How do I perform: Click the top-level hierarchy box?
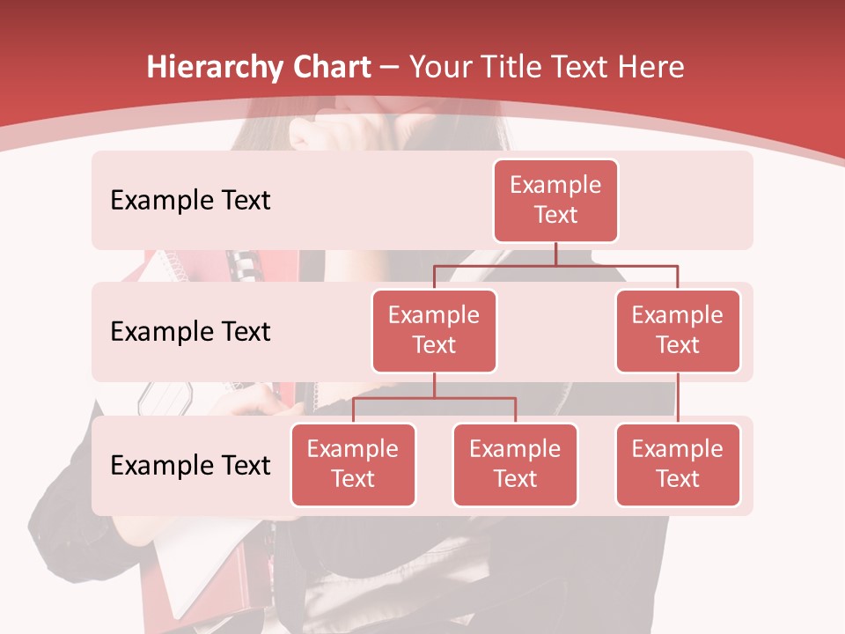coord(555,201)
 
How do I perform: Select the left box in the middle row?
coord(434,331)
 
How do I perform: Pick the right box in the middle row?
coord(678,331)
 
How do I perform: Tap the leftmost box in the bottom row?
coord(353,465)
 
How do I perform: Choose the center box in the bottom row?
coord(515,465)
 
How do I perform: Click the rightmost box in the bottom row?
coord(678,465)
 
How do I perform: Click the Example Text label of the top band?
coord(190,201)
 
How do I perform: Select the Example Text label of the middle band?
coord(190,332)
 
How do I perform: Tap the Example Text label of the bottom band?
coord(190,465)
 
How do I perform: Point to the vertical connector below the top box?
coord(555,254)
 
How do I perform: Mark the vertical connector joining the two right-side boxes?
coord(678,398)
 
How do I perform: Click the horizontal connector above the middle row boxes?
coord(555,265)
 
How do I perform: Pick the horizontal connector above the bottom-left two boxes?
coord(434,398)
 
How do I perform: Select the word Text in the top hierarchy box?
coord(555,215)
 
